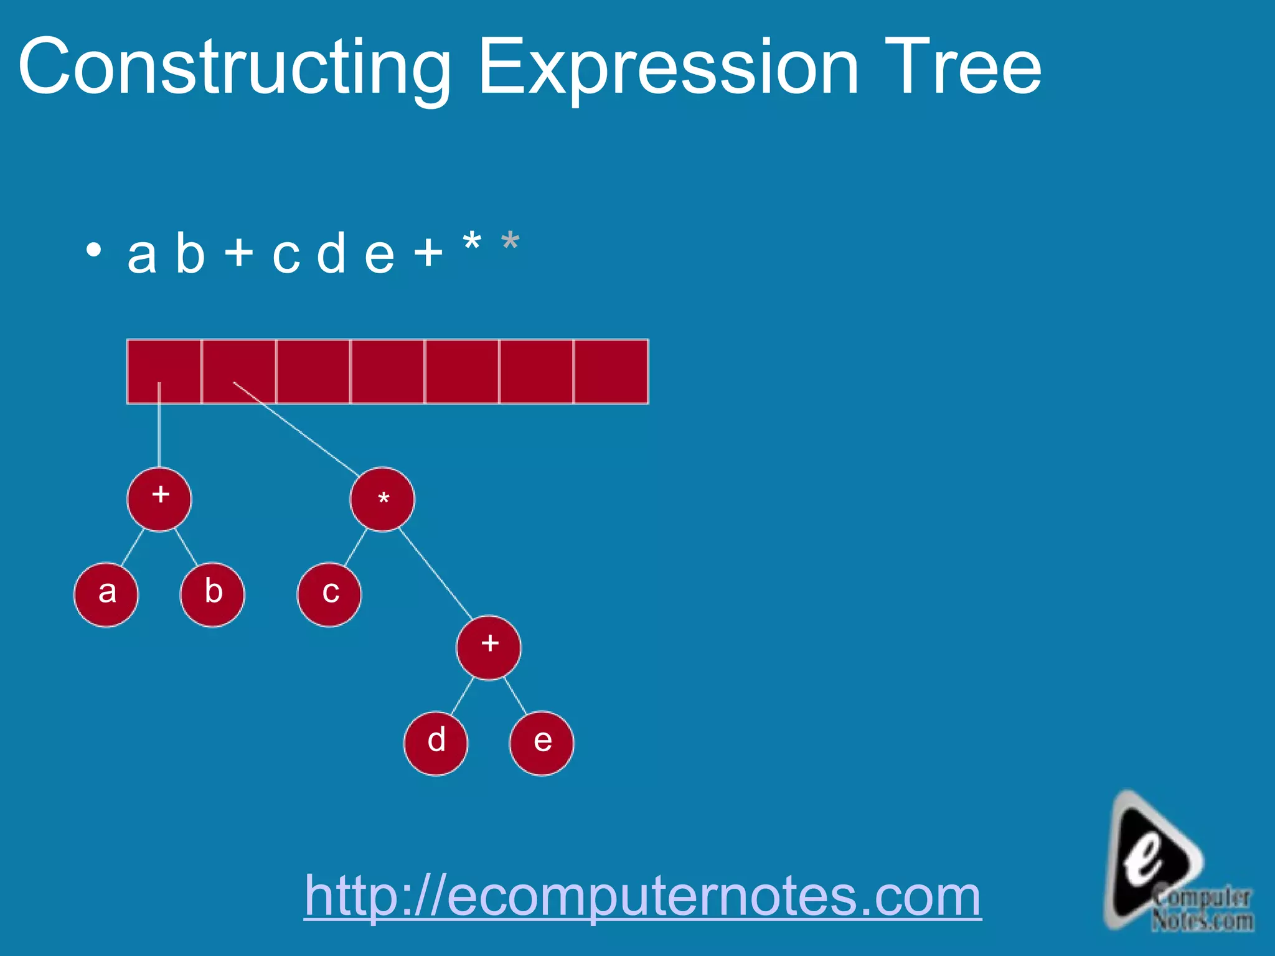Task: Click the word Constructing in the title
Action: pyautogui.click(x=234, y=67)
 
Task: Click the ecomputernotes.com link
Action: pyautogui.click(x=642, y=896)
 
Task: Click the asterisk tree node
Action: pyautogui.click(x=382, y=499)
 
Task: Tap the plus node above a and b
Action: pyautogui.click(x=159, y=499)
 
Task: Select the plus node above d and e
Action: pyautogui.click(x=489, y=647)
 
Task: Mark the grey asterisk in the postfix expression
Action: pyautogui.click(x=510, y=241)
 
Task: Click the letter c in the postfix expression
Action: pyautogui.click(x=286, y=255)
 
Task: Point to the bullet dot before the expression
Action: pyautogui.click(x=93, y=250)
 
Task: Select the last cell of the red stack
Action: pyautogui.click(x=611, y=372)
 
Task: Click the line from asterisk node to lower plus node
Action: pyautogui.click(x=436, y=573)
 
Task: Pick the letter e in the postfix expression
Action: pyautogui.click(x=379, y=255)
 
